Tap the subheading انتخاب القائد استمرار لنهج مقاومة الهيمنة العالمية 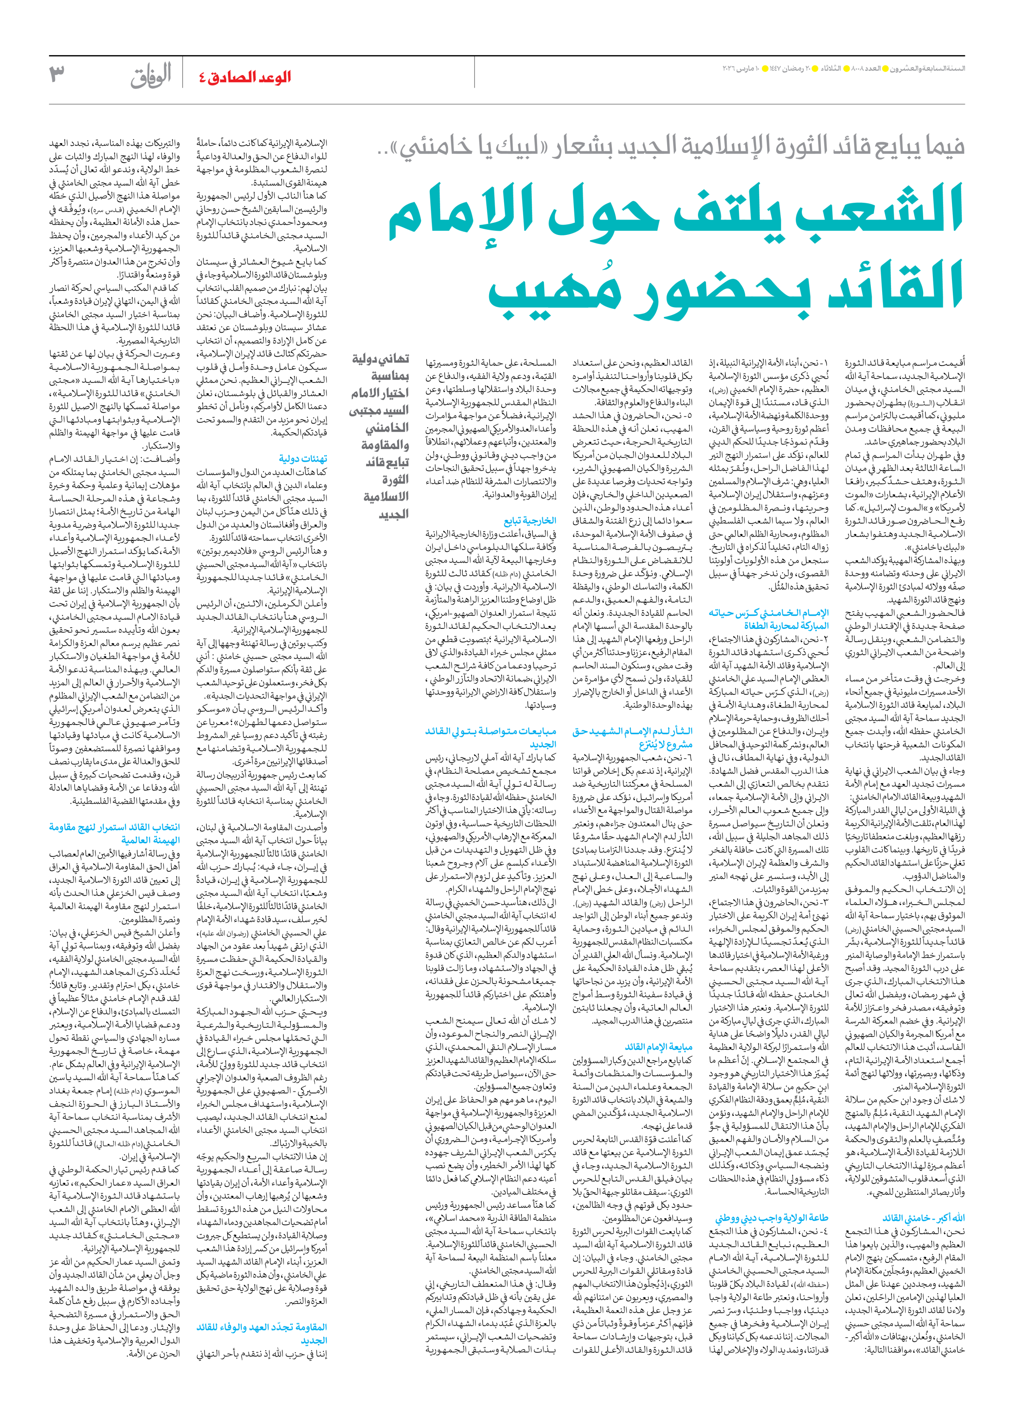click(115, 833)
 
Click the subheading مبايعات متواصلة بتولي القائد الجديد click(490, 737)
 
